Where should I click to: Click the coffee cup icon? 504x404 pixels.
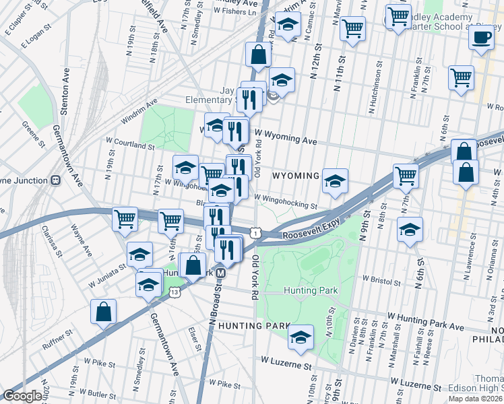[480, 38]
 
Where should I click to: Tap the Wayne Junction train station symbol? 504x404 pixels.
[56, 180]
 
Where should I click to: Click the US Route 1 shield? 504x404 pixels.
[255, 232]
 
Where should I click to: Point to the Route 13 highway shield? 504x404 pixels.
[175, 292]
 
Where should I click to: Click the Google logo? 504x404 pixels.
[22, 396]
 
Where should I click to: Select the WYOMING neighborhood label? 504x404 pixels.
[295, 176]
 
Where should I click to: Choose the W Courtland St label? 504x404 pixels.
[131, 144]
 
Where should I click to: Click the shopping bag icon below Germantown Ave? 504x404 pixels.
[104, 312]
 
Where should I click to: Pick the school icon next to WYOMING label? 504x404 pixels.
[335, 180]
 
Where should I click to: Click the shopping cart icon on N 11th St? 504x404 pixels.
[352, 28]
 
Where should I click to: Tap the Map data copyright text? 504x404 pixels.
[476, 399]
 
